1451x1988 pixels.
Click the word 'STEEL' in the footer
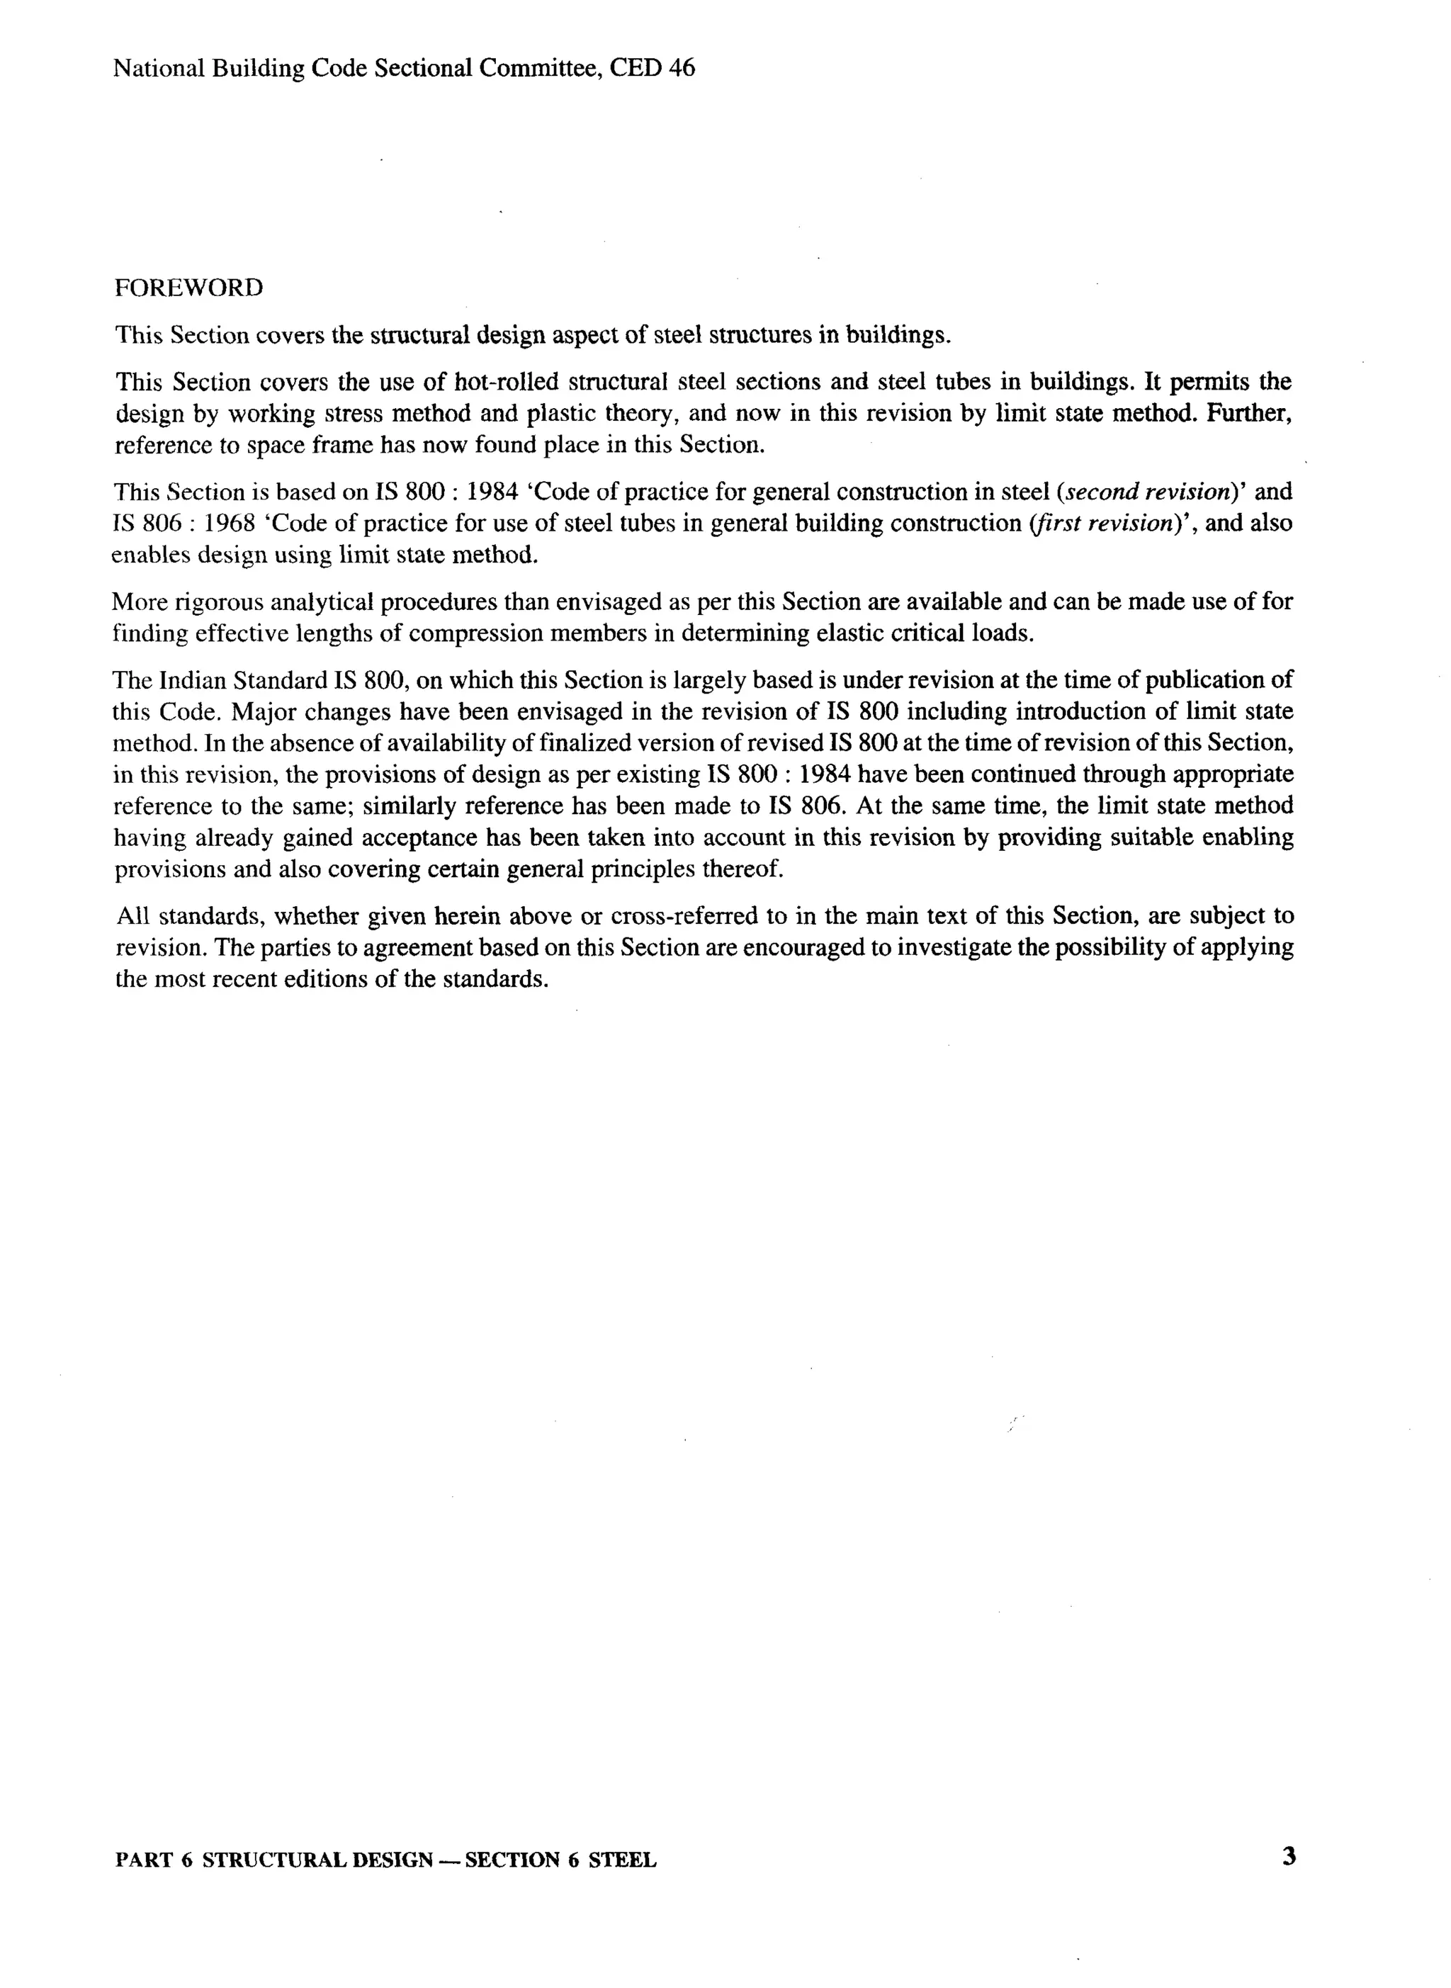coord(622,1860)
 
